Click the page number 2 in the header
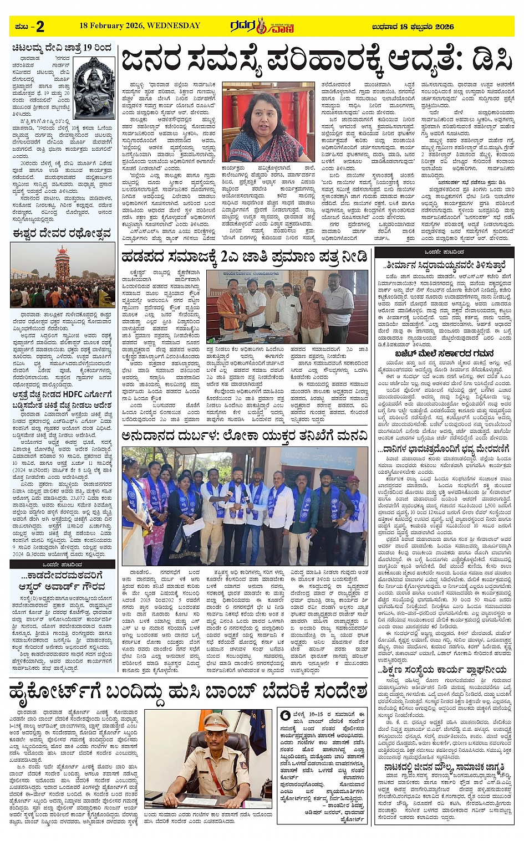[40, 25]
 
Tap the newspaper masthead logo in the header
[262, 25]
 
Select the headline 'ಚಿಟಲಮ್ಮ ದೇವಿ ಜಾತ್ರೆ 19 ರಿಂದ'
[62, 49]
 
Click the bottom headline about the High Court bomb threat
[189, 692]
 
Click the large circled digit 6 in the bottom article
[285, 715]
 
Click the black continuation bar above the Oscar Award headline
[62, 564]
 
